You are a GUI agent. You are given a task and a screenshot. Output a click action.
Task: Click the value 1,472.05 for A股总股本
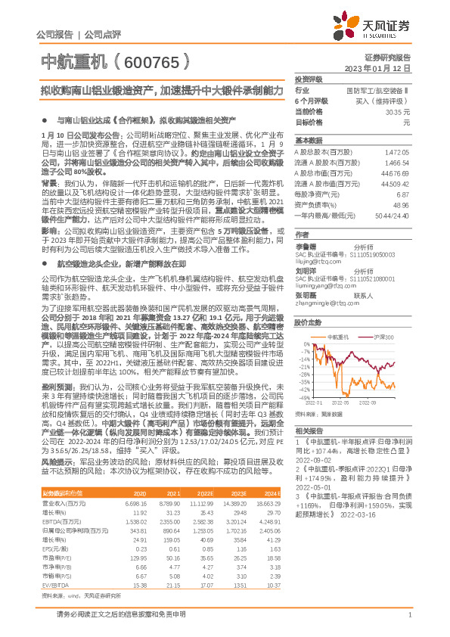[x=396, y=152]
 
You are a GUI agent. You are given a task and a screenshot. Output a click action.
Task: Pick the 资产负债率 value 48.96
[x=400, y=205]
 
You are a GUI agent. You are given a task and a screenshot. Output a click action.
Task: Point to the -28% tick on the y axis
[x=305, y=374]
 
